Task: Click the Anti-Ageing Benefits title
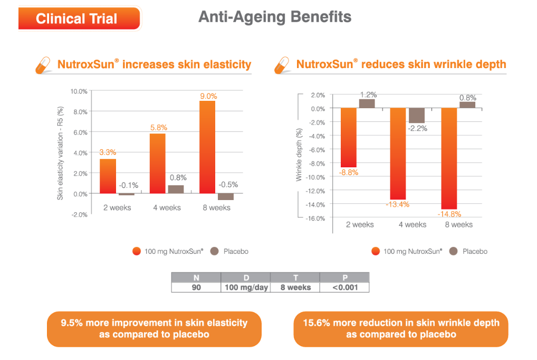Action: (x=275, y=17)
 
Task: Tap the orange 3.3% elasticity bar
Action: (x=108, y=176)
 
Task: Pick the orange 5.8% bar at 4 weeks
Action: (x=158, y=164)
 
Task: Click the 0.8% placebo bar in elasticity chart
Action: (x=176, y=190)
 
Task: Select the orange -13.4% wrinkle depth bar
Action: (x=398, y=154)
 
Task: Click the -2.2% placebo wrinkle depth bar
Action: (x=416, y=116)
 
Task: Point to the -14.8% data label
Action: (x=449, y=214)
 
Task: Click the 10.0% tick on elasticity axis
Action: (x=79, y=91)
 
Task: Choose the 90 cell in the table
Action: (x=196, y=288)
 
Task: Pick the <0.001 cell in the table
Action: (x=344, y=288)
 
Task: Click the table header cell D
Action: (x=245, y=278)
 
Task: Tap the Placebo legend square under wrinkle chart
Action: (x=453, y=251)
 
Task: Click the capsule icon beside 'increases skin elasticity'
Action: (x=43, y=65)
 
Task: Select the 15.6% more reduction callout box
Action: (x=401, y=329)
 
